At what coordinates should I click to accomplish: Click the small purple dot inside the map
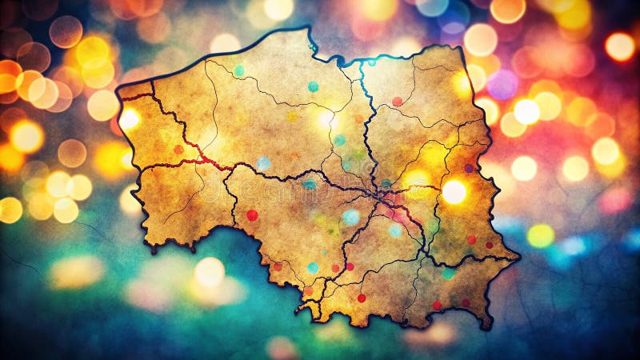coord(469,168)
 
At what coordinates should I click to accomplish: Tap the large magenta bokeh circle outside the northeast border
coord(502,84)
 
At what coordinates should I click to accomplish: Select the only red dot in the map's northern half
coord(397,102)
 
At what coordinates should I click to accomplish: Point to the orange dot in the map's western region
coord(178,150)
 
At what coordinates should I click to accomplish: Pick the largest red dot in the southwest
coord(252,215)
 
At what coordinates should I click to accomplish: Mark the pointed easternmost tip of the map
coord(518,258)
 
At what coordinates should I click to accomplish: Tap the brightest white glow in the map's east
coord(454,191)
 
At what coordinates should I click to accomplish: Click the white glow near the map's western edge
coord(129,119)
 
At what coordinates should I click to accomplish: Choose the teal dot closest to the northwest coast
coord(238,71)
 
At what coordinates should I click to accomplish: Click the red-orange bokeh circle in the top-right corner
coord(619,46)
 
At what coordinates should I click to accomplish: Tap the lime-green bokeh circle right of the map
coord(540,235)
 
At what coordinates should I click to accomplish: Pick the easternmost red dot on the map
coord(489,245)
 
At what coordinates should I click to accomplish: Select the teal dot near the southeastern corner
coord(448,273)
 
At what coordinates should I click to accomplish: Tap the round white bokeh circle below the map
coord(210,272)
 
